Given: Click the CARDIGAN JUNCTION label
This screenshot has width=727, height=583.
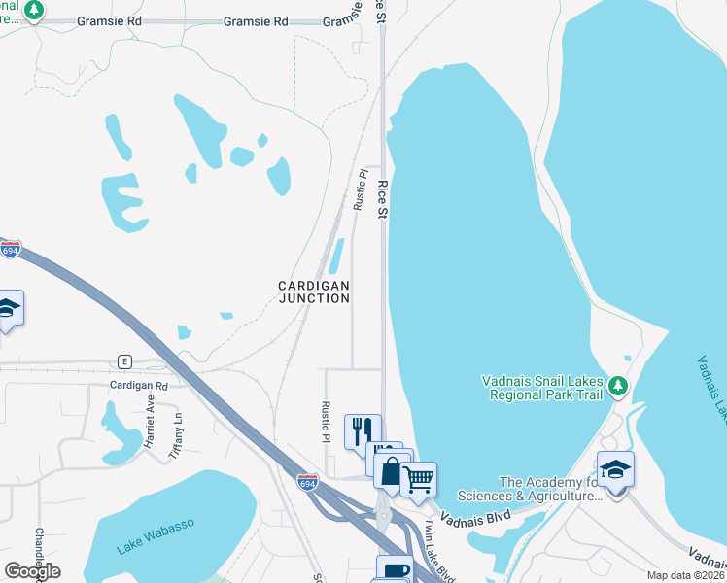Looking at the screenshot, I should [x=314, y=291].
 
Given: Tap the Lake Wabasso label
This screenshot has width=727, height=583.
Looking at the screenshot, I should [x=156, y=536].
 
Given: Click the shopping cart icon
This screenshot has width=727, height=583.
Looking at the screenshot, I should [x=418, y=478].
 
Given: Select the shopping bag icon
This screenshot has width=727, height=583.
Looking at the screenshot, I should [x=391, y=470].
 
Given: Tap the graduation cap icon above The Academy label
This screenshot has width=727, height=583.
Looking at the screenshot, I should [x=615, y=470].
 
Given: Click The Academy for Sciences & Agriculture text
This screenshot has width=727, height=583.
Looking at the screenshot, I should [x=551, y=489].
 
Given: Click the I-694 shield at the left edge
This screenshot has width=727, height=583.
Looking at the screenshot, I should [x=10, y=250].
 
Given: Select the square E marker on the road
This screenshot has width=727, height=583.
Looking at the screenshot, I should [x=124, y=360].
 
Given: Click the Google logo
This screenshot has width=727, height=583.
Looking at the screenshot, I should [x=32, y=570].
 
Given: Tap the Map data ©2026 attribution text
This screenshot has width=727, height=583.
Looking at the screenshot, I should [x=685, y=575].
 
